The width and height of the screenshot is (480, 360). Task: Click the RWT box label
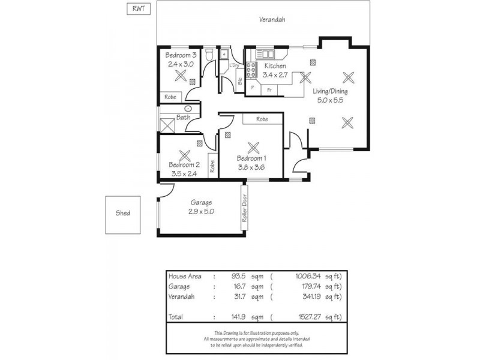[139, 8]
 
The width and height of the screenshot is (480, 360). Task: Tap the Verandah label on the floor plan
[272, 20]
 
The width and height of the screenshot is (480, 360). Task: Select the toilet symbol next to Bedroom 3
[209, 56]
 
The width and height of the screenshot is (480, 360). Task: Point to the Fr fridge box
[270, 89]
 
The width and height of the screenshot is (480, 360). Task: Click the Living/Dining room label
[330, 91]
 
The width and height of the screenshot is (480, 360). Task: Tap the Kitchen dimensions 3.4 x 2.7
[275, 75]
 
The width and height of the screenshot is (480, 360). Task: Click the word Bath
[183, 118]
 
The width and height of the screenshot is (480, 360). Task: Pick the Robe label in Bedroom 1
[262, 119]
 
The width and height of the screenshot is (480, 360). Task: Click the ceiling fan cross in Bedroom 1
[253, 147]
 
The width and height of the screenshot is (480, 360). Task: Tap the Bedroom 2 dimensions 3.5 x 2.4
[184, 173]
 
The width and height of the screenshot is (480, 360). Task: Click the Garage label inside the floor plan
[201, 203]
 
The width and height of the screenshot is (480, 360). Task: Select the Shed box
[123, 214]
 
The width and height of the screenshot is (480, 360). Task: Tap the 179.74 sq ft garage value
[311, 287]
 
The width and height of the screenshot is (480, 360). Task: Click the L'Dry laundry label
[235, 65]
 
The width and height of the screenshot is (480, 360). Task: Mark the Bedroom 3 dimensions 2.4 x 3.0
[180, 64]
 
